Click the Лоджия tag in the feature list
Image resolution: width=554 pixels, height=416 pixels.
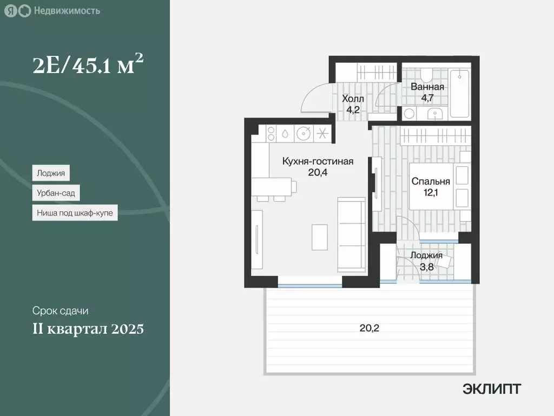(51, 173)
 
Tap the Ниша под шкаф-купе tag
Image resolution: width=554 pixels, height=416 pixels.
(75, 213)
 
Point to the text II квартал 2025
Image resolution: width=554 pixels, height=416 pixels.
(88, 328)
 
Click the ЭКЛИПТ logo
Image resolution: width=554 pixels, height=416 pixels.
(492, 388)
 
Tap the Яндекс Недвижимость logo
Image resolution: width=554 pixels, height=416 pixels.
(52, 11)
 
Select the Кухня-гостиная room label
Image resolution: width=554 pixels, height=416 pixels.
(318, 161)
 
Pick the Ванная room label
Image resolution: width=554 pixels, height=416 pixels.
(427, 87)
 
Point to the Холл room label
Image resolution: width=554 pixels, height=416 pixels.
(353, 99)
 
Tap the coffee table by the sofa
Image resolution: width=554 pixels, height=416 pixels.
(319, 236)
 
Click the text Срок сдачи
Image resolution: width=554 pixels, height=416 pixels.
(60, 311)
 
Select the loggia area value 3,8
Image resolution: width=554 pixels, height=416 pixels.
(426, 265)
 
